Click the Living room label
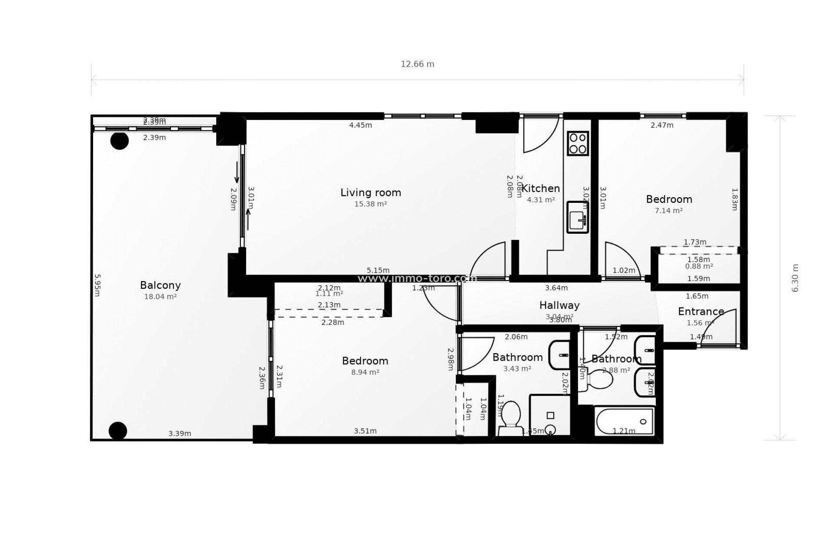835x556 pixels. [x=371, y=192]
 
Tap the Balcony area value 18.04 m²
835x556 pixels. [x=160, y=297]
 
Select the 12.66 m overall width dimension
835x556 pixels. [x=417, y=64]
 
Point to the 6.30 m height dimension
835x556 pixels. [x=795, y=278]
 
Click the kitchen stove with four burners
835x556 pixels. [x=578, y=143]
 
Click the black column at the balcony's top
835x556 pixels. [x=120, y=141]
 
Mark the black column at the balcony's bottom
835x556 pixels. [x=118, y=430]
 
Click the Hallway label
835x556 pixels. [x=559, y=305]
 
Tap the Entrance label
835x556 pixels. [x=701, y=311]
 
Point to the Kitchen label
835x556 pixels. [x=541, y=189]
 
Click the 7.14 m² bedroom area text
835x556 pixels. [x=668, y=211]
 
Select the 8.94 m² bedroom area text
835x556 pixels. [x=365, y=372]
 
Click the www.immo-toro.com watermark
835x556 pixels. [x=417, y=278]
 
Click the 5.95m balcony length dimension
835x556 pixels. [x=97, y=285]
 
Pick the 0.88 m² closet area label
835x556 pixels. [x=699, y=266]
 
